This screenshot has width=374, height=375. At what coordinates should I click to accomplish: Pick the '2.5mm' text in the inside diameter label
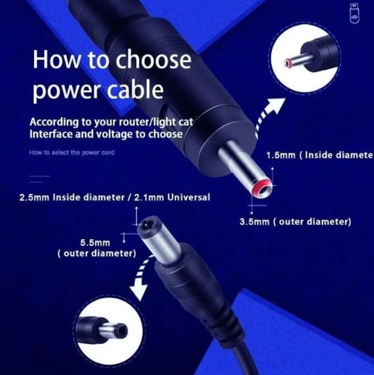point(34,198)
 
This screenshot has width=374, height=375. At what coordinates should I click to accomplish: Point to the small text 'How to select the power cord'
point(71,153)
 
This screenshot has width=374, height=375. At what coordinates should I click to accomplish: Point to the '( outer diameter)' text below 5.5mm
point(96,253)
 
